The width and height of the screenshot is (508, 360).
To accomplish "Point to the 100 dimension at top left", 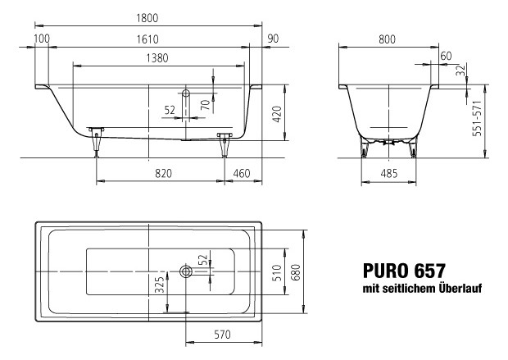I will pyautogui.click(x=42, y=39).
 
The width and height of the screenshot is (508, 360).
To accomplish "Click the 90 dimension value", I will pyautogui.click(x=273, y=39).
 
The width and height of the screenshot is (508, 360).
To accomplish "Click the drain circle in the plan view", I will pyautogui.click(x=186, y=270).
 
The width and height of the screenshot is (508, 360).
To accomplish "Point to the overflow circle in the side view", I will pyautogui.click(x=186, y=94).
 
